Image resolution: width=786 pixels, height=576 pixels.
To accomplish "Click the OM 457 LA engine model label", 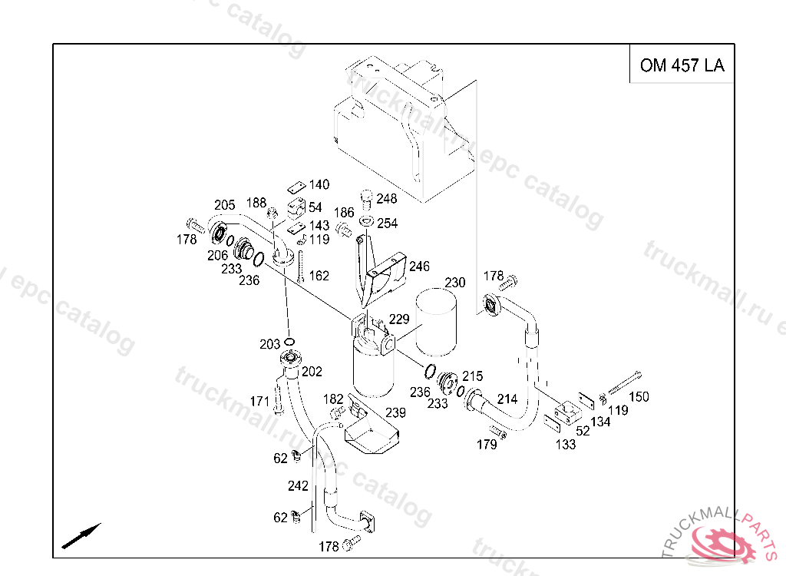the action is [682, 65].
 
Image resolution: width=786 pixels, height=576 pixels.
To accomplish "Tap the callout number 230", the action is [455, 283].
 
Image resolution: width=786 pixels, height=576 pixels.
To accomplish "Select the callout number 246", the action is [419, 266].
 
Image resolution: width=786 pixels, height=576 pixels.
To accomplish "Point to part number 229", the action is [399, 319].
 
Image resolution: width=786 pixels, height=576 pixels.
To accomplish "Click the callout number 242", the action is [298, 485].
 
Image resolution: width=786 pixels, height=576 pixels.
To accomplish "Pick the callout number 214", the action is [507, 399].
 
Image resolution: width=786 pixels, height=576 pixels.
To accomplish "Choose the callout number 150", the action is [639, 397].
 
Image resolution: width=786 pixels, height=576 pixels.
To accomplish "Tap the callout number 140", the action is [319, 184].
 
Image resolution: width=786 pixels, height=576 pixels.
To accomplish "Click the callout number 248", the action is [387, 199].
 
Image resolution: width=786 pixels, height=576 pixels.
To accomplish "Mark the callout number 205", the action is [225, 205].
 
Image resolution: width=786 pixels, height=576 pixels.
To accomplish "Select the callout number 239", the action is [395, 412].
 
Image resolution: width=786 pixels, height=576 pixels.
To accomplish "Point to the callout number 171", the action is [259, 402].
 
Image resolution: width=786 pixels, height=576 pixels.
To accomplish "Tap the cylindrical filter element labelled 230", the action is [436, 322].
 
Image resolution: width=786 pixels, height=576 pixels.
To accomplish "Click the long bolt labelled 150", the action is [625, 382].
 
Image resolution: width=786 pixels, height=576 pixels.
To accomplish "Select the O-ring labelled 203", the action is [289, 342].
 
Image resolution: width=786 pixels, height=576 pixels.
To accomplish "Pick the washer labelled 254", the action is [367, 221].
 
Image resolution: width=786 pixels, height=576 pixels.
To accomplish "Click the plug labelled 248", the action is [367, 199].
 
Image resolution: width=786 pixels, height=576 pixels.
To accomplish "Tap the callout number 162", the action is [319, 276].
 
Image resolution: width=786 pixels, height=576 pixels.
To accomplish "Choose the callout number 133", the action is [566, 444].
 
